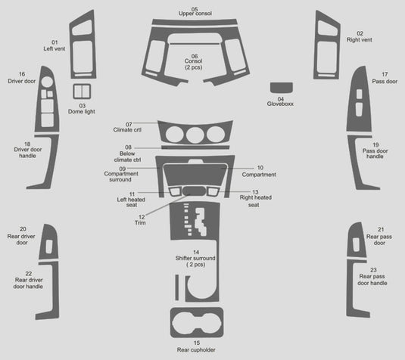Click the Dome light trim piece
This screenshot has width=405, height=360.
tap(82, 92)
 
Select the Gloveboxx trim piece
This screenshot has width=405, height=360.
tap(282, 88)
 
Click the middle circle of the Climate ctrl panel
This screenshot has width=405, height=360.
tap(195, 135)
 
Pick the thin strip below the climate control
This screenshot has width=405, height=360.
tap(195, 147)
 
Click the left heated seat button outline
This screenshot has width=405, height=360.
tap(175, 192)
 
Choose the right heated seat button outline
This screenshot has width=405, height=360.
tap(213, 192)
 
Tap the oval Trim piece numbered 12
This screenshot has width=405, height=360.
tap(195, 191)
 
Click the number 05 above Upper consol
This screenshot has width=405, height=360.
tap(195, 9)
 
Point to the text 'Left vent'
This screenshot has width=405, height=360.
tap(55, 48)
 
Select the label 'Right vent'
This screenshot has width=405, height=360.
tap(360, 40)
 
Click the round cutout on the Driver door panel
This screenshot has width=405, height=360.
tap(47, 82)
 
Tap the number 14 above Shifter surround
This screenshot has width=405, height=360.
tap(196, 252)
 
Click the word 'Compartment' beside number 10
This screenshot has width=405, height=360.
tap(259, 175)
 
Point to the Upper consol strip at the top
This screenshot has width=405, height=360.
tap(195, 22)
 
